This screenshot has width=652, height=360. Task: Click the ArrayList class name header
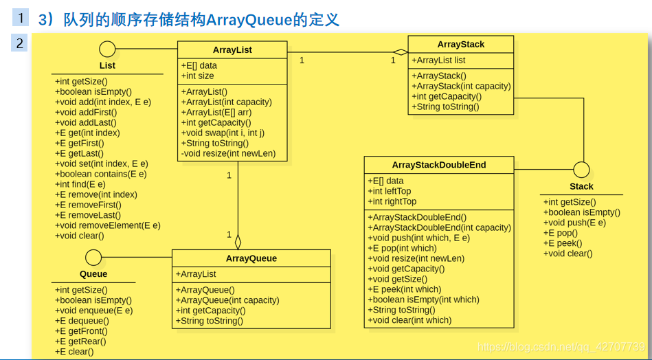(x=232, y=50)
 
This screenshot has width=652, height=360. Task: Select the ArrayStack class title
(x=460, y=44)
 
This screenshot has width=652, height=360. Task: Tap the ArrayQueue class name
(x=251, y=258)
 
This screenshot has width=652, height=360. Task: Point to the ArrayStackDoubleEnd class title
(x=438, y=165)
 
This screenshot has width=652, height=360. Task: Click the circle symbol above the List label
(x=107, y=49)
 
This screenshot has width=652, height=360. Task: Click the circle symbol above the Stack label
(x=581, y=170)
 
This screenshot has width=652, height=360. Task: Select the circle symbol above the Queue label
(x=93, y=258)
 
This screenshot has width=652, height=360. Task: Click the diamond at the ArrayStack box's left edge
(x=401, y=52)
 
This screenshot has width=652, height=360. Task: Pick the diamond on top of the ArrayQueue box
(x=238, y=242)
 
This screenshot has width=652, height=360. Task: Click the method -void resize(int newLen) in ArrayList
(x=228, y=153)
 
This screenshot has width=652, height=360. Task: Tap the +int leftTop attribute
(x=389, y=191)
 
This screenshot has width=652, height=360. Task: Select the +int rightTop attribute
(x=392, y=201)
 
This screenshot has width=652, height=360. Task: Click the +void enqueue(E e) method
(x=93, y=311)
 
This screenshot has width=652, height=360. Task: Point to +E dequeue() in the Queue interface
(x=81, y=321)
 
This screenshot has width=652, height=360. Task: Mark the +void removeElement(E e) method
(x=107, y=225)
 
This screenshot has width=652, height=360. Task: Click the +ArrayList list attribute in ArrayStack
(x=438, y=60)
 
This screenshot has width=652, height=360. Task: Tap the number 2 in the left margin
(x=20, y=44)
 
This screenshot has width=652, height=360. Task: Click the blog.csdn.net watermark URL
(x=561, y=347)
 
